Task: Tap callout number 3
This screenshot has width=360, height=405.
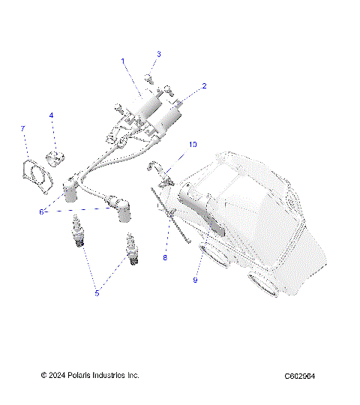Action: click(x=158, y=54)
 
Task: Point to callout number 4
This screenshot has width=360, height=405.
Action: click(x=51, y=115)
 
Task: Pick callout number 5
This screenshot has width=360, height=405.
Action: click(x=97, y=293)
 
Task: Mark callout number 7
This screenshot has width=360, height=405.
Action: click(x=22, y=129)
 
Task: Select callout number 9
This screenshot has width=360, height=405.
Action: click(x=196, y=280)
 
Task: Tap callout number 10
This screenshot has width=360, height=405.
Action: click(x=193, y=143)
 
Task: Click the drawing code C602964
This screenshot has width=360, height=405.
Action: click(x=299, y=376)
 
